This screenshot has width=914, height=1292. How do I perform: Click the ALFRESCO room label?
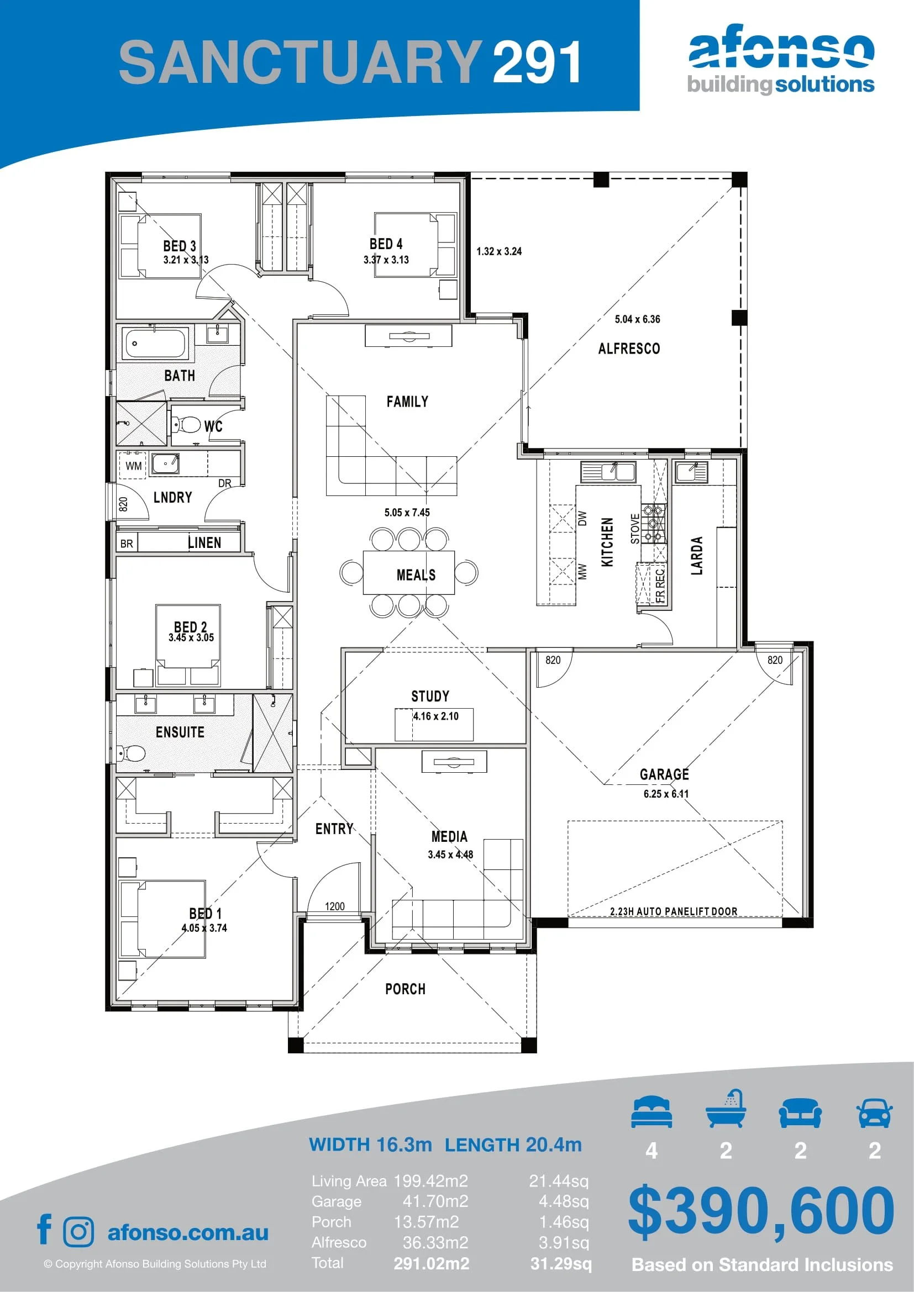[629, 349]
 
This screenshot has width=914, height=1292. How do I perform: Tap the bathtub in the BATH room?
[156, 343]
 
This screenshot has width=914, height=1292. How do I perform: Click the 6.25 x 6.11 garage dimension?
[666, 793]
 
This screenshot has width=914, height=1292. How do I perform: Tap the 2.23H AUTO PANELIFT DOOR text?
[674, 911]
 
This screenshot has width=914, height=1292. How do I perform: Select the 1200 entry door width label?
[335, 906]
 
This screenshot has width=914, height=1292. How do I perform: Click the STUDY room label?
[430, 696]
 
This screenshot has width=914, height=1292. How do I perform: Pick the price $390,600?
[761, 1209]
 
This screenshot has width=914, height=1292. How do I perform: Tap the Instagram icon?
[79, 1232]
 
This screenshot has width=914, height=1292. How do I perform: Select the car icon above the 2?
[874, 1114]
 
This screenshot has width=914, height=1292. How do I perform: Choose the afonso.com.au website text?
[188, 1232]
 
